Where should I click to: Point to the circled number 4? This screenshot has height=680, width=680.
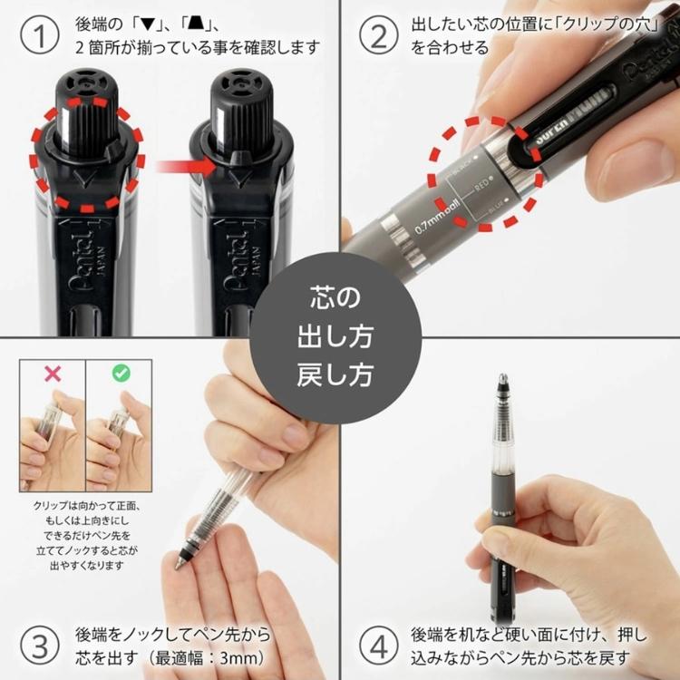[378, 646]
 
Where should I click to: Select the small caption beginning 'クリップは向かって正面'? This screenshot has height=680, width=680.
[86, 536]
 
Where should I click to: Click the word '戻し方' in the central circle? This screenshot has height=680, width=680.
[335, 374]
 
